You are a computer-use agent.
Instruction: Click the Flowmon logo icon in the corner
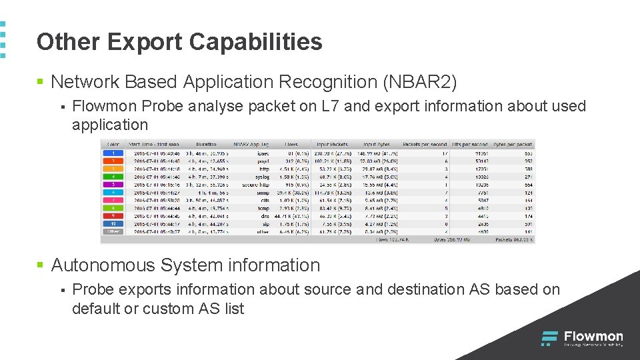549,338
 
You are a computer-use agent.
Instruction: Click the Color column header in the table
113,144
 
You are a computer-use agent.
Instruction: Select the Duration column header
206,144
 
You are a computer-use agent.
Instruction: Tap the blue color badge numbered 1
113,153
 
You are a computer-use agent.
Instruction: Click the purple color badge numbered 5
113,184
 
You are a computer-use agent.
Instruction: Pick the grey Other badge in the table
113,231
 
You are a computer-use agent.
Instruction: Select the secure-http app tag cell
255,184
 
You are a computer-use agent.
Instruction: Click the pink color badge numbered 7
113,199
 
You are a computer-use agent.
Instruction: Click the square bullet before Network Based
40,82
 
